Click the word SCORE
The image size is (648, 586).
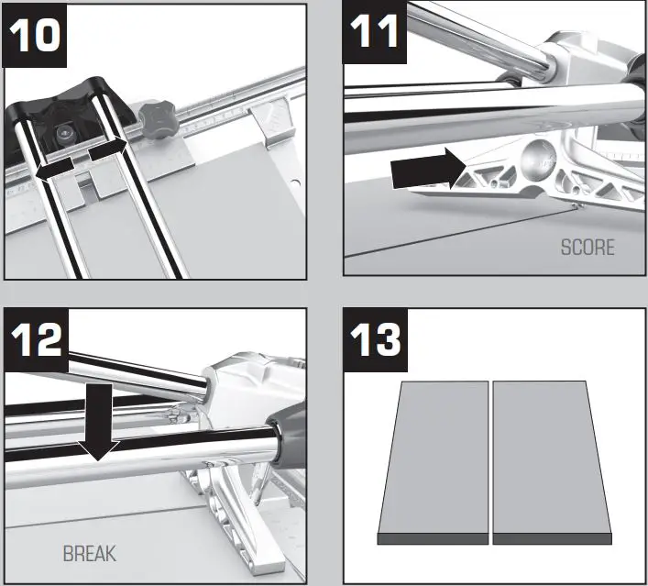(x=587, y=248)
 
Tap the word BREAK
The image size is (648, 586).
(x=90, y=554)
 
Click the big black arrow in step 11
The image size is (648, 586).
(x=423, y=170)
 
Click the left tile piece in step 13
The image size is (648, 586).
(x=434, y=459)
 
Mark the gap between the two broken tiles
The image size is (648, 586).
(x=490, y=459)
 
